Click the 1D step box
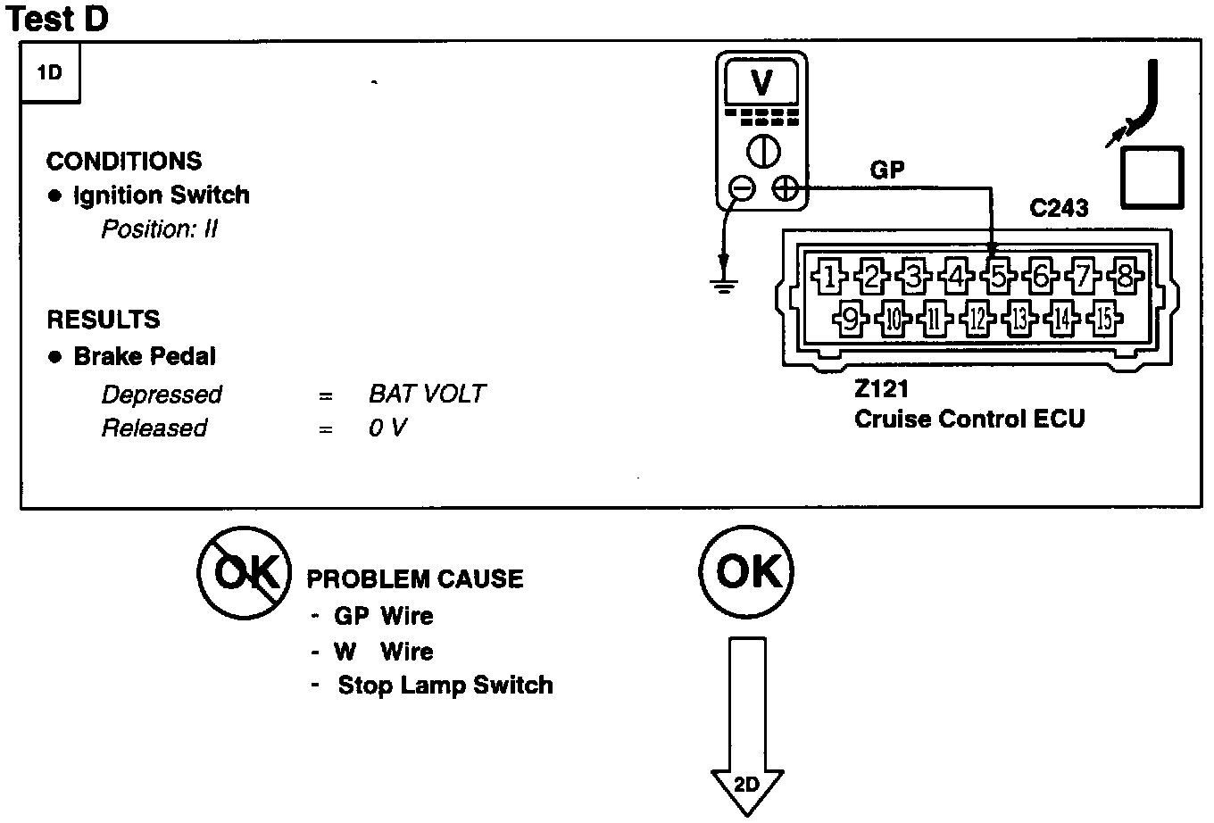[x=50, y=72]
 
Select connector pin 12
[x=977, y=319]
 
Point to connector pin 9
[x=851, y=319]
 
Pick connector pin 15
[x=1104, y=319]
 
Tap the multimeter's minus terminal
[x=742, y=189]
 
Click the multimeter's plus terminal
[x=785, y=189]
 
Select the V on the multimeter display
[x=761, y=83]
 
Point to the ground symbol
[x=724, y=286]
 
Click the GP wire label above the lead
[x=887, y=170]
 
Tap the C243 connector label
[x=1059, y=208]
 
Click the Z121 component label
[x=881, y=388]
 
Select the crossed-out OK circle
[x=244, y=572]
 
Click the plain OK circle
[x=747, y=571]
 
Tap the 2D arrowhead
[x=747, y=792]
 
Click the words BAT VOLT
[x=427, y=394]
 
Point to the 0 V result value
[x=387, y=428]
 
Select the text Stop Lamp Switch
[x=445, y=686]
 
